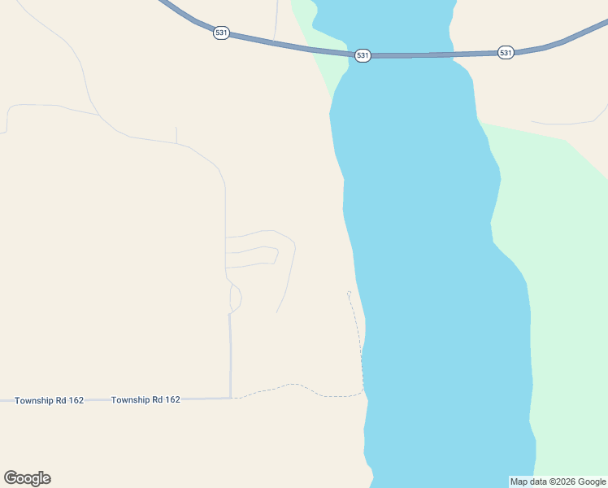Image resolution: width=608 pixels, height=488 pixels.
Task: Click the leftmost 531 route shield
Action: coord(221,33)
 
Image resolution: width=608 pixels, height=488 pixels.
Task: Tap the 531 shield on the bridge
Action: coord(363,55)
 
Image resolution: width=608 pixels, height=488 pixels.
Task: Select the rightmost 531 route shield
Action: coord(506,52)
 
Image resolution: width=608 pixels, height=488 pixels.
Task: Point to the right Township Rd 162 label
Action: coord(145,399)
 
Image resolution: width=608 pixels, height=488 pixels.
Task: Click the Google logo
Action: coord(27,478)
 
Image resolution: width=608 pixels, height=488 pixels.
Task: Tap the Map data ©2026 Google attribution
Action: coord(558,481)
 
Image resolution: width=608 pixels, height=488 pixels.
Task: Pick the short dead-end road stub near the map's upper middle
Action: coord(176,135)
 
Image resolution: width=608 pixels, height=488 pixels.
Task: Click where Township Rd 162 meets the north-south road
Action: coord(231,398)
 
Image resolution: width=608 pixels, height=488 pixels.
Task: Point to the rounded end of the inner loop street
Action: coord(276,255)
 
